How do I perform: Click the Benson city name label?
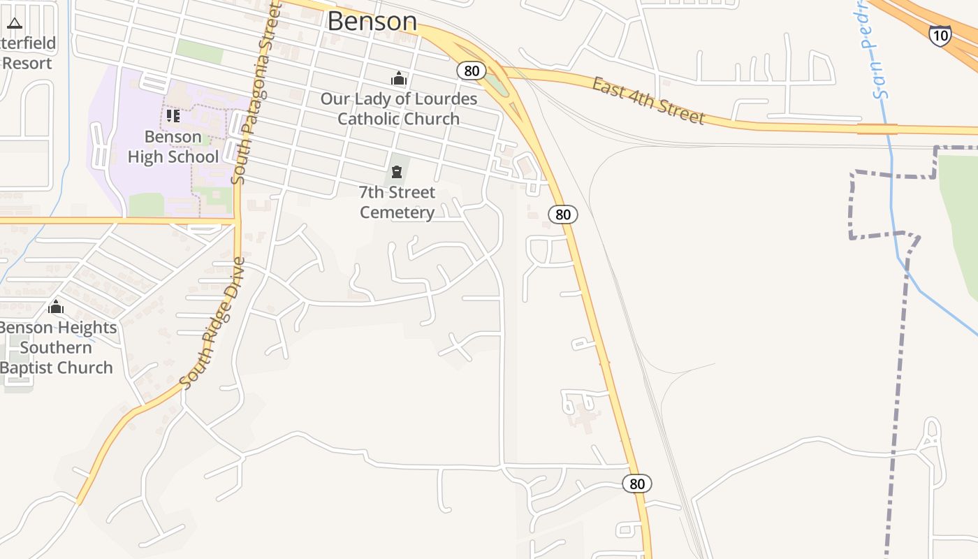[372, 21]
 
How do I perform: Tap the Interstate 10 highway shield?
[940, 35]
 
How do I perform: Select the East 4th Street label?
[648, 101]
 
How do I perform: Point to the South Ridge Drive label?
[213, 323]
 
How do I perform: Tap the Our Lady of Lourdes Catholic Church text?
[398, 108]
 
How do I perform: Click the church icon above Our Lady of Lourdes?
[399, 78]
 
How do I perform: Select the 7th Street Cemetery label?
[397, 202]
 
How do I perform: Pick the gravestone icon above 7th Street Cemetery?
[397, 171]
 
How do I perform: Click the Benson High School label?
[173, 147]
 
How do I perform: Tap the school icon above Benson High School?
[173, 115]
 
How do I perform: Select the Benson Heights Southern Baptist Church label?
[57, 347]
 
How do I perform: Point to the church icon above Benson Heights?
[56, 307]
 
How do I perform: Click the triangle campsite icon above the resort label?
[15, 23]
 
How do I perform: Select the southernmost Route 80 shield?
[636, 484]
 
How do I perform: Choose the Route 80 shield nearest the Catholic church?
[472, 70]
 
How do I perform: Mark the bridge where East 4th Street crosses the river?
[877, 129]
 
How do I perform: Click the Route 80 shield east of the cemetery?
[562, 215]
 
